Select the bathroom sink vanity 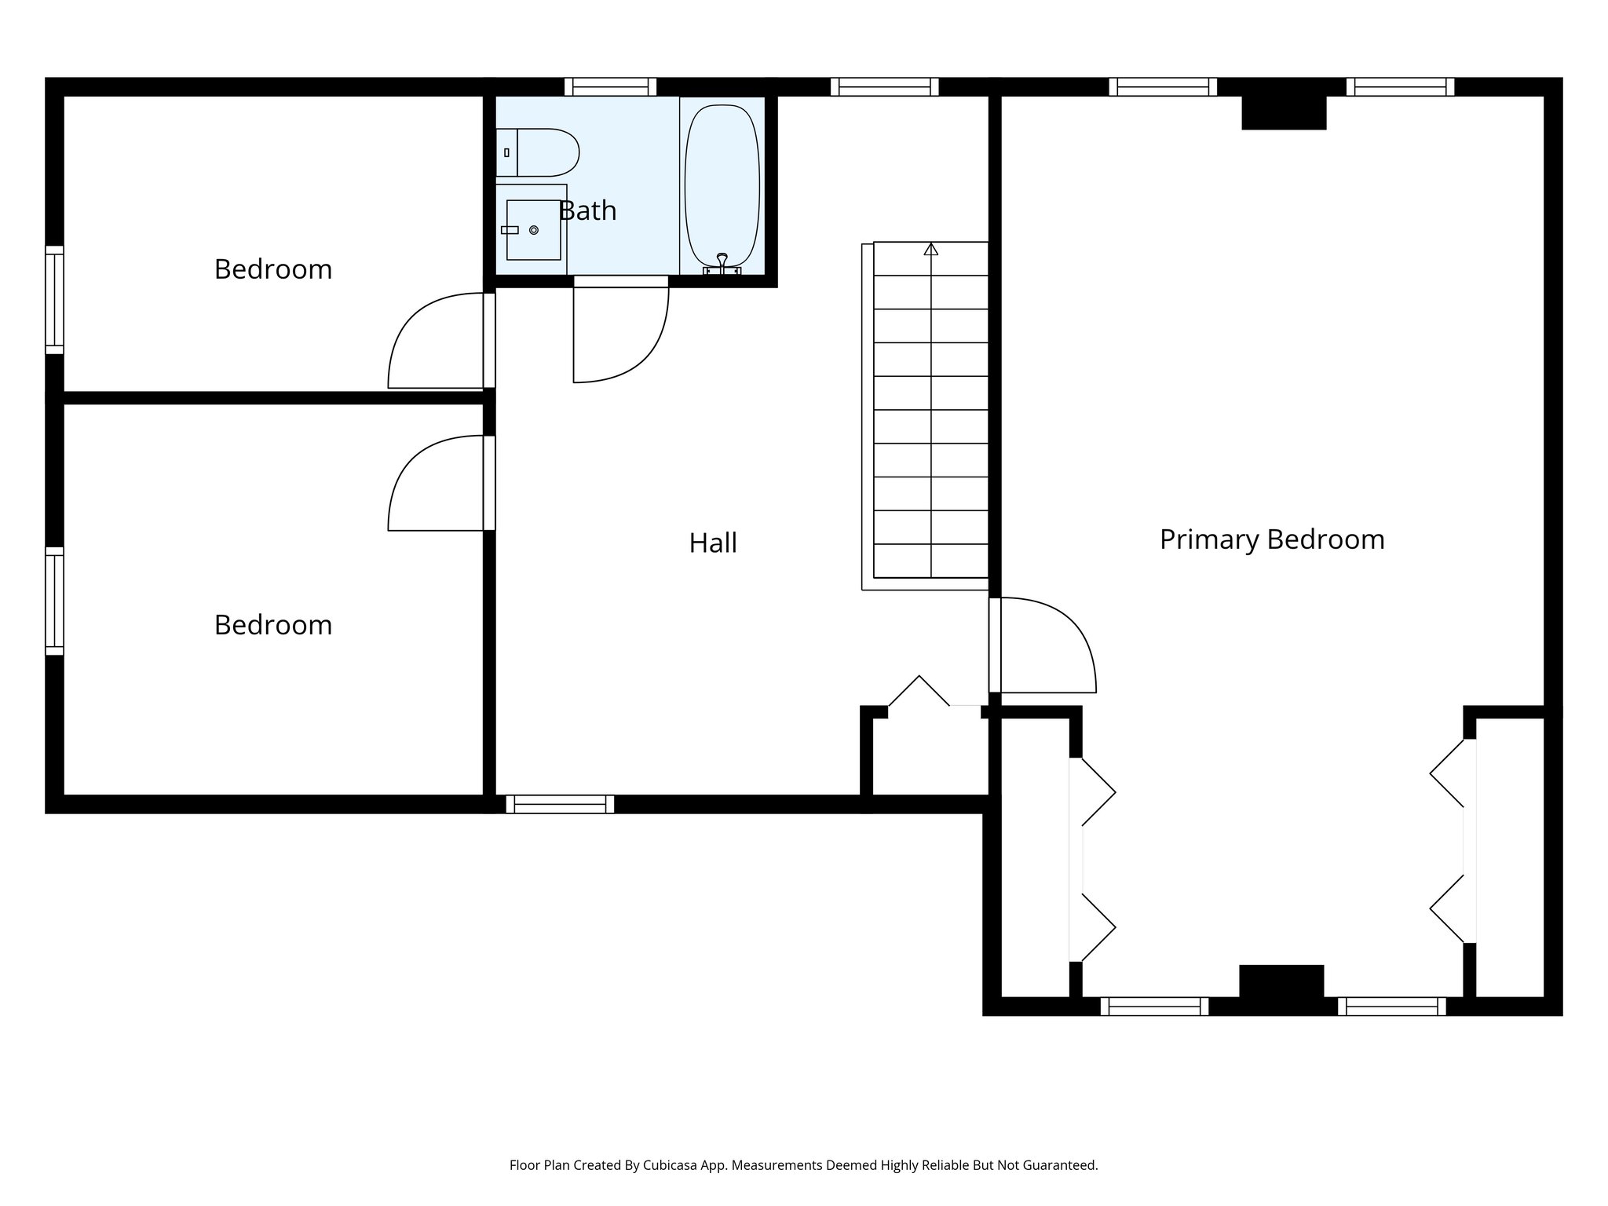[532, 229]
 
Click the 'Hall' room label [713, 543]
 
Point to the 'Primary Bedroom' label [1271, 539]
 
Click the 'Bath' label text [588, 210]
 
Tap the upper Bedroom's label [273, 269]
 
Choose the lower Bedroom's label [273, 625]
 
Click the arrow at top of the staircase [931, 249]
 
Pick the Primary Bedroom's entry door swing [1045, 645]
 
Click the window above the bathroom [610, 86]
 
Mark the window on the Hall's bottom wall [560, 804]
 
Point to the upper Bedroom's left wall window [54, 299]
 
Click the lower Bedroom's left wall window [54, 601]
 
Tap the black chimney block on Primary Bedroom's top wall [1284, 112]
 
